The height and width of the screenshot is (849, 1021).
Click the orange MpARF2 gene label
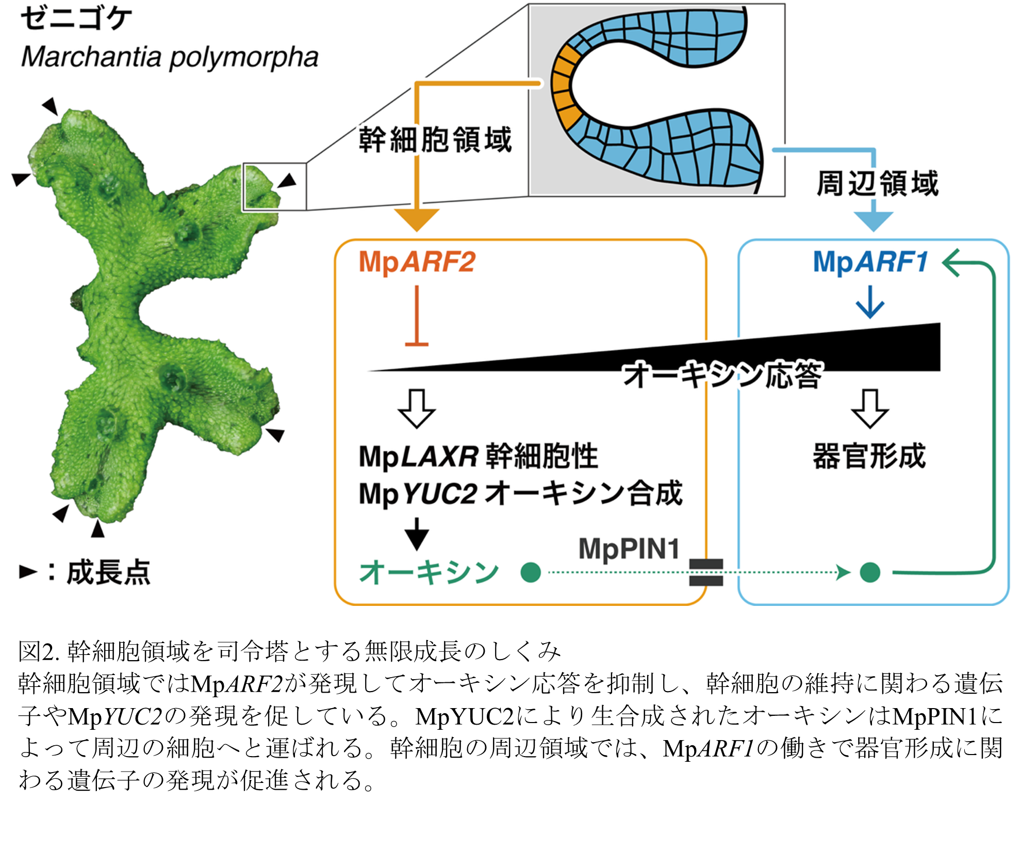[x=417, y=262]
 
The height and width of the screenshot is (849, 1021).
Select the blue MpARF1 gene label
[x=870, y=262]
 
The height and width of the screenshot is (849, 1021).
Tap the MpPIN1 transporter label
[x=629, y=548]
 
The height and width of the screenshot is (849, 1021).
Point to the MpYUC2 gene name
[x=418, y=493]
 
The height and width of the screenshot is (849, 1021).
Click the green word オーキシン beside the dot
[x=429, y=572]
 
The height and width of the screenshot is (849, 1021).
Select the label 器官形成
[x=869, y=456]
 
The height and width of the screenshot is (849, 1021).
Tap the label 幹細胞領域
[x=435, y=139]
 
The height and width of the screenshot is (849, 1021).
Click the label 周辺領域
[x=877, y=183]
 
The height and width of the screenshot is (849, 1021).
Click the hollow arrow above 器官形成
[x=870, y=409]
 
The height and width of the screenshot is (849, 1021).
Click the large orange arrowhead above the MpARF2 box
[x=417, y=220]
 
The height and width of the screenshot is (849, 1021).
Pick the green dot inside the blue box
[x=870, y=572]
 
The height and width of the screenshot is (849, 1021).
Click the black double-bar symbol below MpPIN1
[x=706, y=572]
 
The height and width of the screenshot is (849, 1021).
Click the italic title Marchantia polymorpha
[x=170, y=57]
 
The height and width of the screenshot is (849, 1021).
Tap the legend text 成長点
[x=108, y=572]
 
